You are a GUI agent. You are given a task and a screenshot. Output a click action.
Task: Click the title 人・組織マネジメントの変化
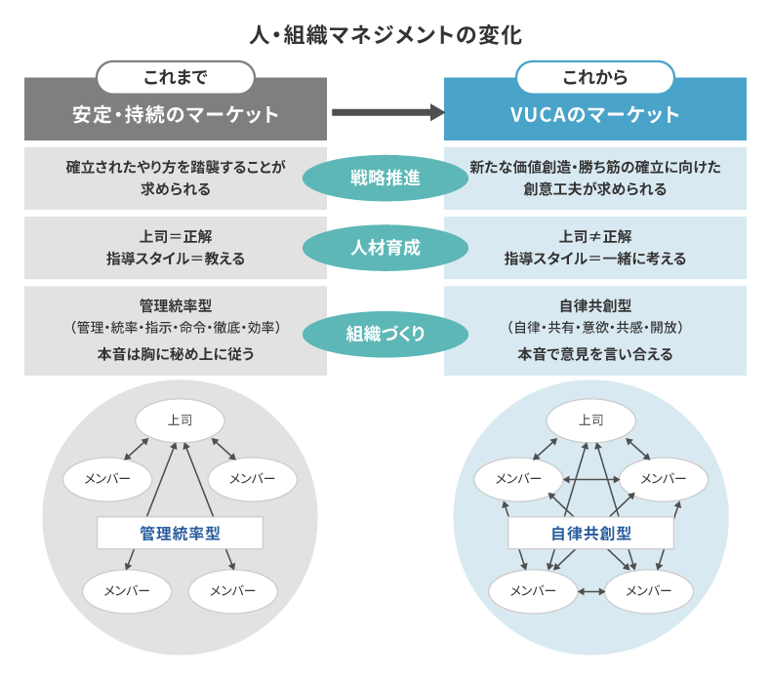pos(385,36)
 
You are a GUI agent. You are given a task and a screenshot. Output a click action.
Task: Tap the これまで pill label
pos(176,77)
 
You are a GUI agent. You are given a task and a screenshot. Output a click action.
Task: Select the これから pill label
pos(594,77)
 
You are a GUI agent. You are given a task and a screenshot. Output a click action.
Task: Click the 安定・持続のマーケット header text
pos(176,114)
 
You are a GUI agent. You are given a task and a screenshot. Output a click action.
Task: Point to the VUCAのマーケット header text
pos(594,114)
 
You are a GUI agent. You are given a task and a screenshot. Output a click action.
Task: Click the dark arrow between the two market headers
pos(386,112)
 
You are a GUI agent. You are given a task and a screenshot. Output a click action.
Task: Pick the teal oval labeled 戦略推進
pos(385,179)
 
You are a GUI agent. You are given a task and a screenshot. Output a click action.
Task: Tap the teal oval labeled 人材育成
pos(385,248)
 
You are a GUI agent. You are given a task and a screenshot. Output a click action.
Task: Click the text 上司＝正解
pos(176,237)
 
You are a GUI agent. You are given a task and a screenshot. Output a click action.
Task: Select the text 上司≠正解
pos(594,237)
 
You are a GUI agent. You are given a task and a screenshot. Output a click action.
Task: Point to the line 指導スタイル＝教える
pos(176,259)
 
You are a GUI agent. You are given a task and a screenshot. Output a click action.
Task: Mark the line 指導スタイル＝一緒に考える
pos(594,259)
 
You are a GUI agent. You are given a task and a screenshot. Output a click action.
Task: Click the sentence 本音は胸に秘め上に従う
pos(176,354)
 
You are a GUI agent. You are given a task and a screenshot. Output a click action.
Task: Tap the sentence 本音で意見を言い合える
pos(594,354)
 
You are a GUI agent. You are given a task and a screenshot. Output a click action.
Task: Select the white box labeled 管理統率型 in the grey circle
pos(180,533)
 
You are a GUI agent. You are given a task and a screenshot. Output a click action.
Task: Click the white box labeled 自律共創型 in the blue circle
pos(590,533)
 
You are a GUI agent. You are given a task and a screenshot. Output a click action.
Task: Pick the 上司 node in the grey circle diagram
pos(180,419)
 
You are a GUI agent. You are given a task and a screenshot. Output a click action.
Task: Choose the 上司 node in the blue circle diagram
pos(590,419)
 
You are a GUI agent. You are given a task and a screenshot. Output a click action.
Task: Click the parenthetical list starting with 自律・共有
pos(594,327)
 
